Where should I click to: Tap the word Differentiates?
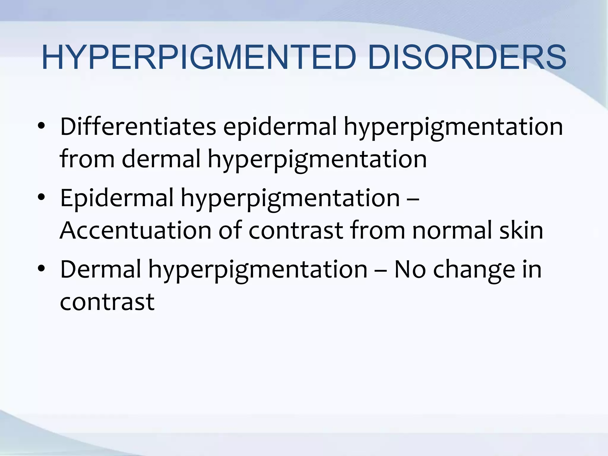(138, 127)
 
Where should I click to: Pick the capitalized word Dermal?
(100, 269)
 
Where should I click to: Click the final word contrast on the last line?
(107, 302)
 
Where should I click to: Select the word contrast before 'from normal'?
(296, 231)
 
